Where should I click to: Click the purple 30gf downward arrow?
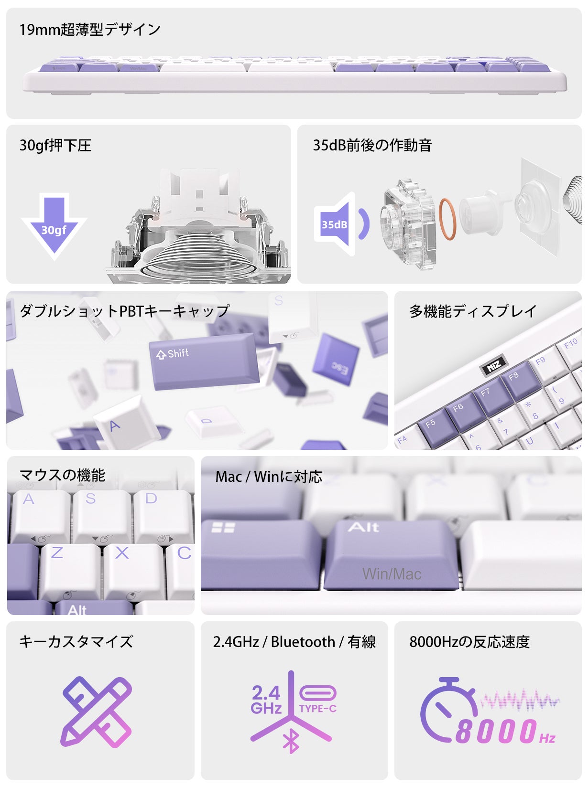[x=54, y=224]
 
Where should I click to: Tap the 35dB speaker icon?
[x=339, y=224]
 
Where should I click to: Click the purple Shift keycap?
[x=203, y=361]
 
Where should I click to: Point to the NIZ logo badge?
[x=493, y=366]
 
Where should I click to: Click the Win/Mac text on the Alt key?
[x=392, y=574]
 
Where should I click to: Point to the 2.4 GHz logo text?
[x=266, y=700]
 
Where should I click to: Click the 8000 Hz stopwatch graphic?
[x=447, y=709]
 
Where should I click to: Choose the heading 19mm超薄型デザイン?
[x=90, y=30]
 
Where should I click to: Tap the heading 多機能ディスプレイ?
[x=473, y=311]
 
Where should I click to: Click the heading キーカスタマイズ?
[x=76, y=641]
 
